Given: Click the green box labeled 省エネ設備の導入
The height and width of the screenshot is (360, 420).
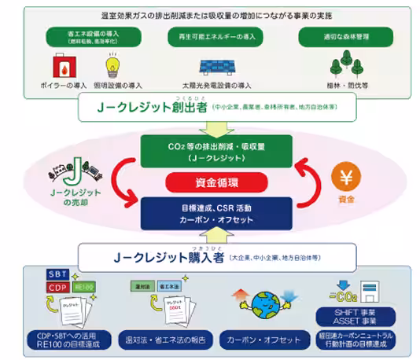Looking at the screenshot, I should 88,38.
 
